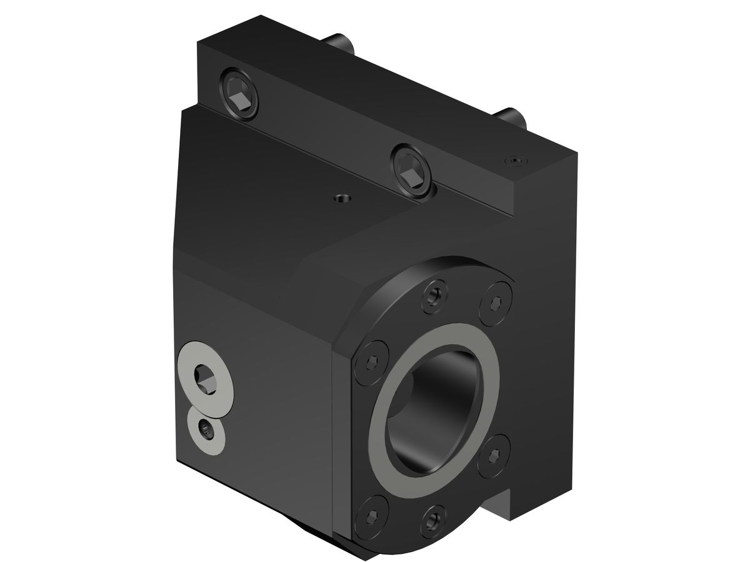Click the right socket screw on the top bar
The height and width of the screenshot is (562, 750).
[411, 170]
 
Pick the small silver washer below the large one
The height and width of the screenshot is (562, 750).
[206, 430]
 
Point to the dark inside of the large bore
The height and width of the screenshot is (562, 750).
[437, 406]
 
